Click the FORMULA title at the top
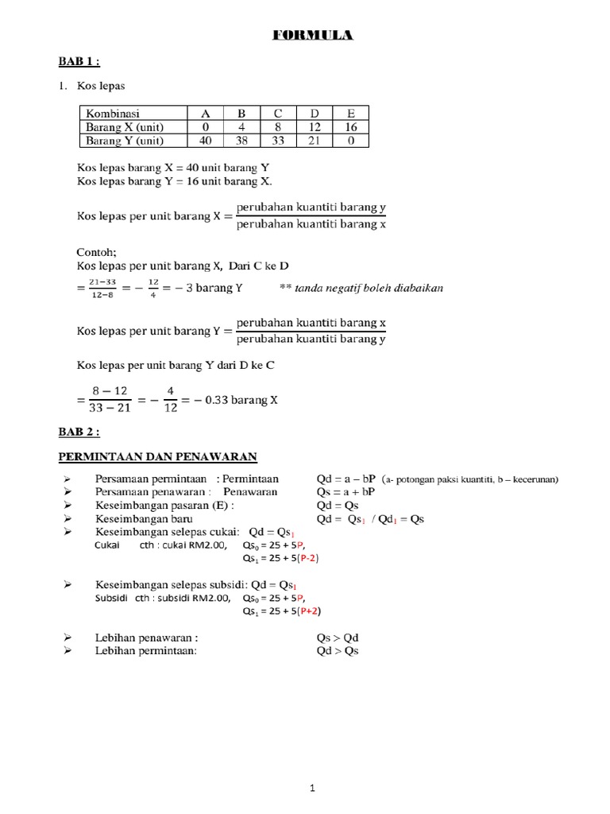coord(314,36)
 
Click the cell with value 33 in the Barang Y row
coord(278,141)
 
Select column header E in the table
coord(350,114)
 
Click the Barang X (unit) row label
coord(124,127)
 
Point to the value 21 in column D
coord(314,141)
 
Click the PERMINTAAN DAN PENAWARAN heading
coord(159,456)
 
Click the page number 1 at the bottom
coord(313,766)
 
